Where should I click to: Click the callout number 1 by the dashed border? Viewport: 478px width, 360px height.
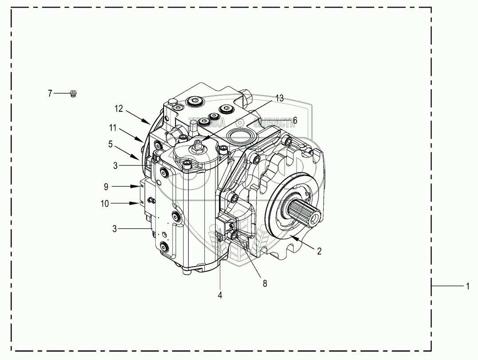point(467,287)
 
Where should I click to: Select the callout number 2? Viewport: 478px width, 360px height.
point(319,250)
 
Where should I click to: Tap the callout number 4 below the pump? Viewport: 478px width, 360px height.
point(220,294)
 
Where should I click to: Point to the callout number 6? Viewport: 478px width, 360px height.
point(295,120)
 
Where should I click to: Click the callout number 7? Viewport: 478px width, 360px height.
point(50,93)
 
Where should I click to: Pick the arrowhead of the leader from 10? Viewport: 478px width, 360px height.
point(141,203)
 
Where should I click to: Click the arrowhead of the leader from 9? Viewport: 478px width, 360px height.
point(142,187)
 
